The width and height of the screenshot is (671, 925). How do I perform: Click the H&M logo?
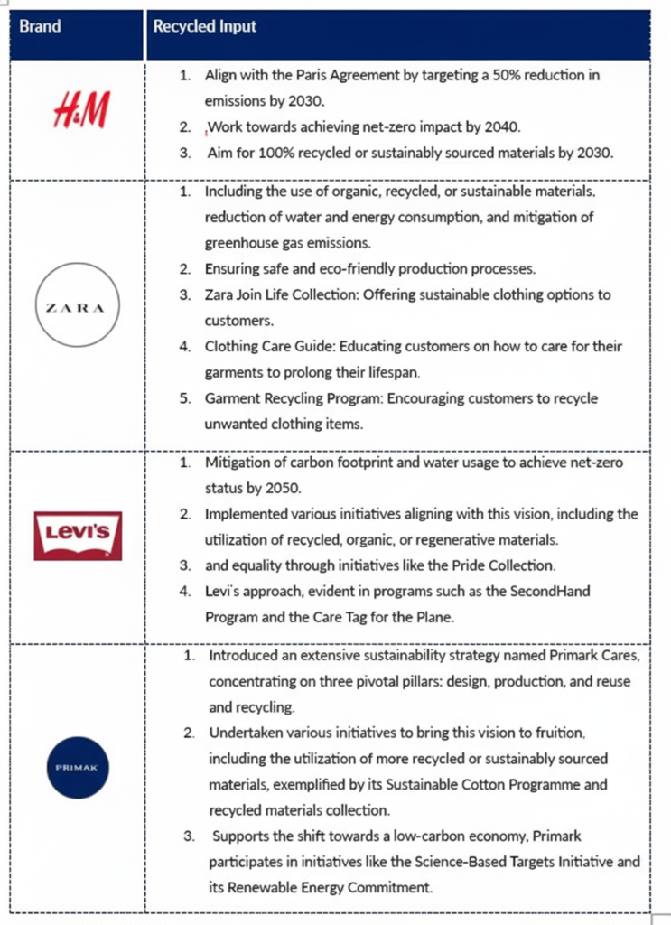(x=80, y=113)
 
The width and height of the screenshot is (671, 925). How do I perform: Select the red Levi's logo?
(x=78, y=535)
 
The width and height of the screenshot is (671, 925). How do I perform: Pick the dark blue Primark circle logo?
(x=77, y=767)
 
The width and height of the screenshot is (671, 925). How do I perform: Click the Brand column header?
(x=41, y=26)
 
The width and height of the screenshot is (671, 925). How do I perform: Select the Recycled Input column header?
(x=205, y=26)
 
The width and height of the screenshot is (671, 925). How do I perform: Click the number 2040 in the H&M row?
(x=502, y=126)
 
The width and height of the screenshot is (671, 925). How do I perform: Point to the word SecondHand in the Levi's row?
(x=523, y=591)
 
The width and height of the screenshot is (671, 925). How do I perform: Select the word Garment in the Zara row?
(x=232, y=398)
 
